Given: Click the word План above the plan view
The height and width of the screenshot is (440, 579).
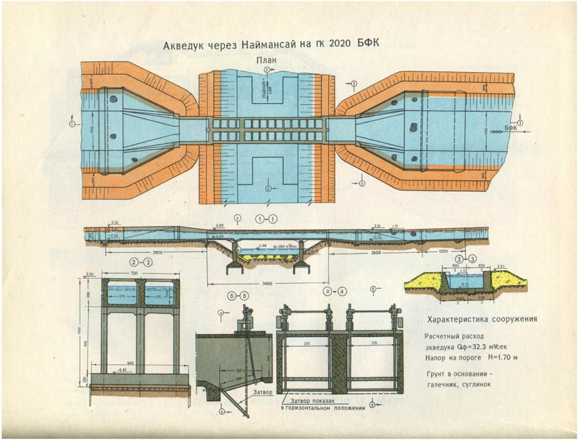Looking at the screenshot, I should (x=268, y=60).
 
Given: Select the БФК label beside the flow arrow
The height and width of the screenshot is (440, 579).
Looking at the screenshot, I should (x=511, y=128).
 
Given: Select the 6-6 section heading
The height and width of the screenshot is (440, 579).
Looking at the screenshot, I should (x=235, y=295).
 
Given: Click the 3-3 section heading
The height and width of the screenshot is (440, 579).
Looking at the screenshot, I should (x=461, y=257).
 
